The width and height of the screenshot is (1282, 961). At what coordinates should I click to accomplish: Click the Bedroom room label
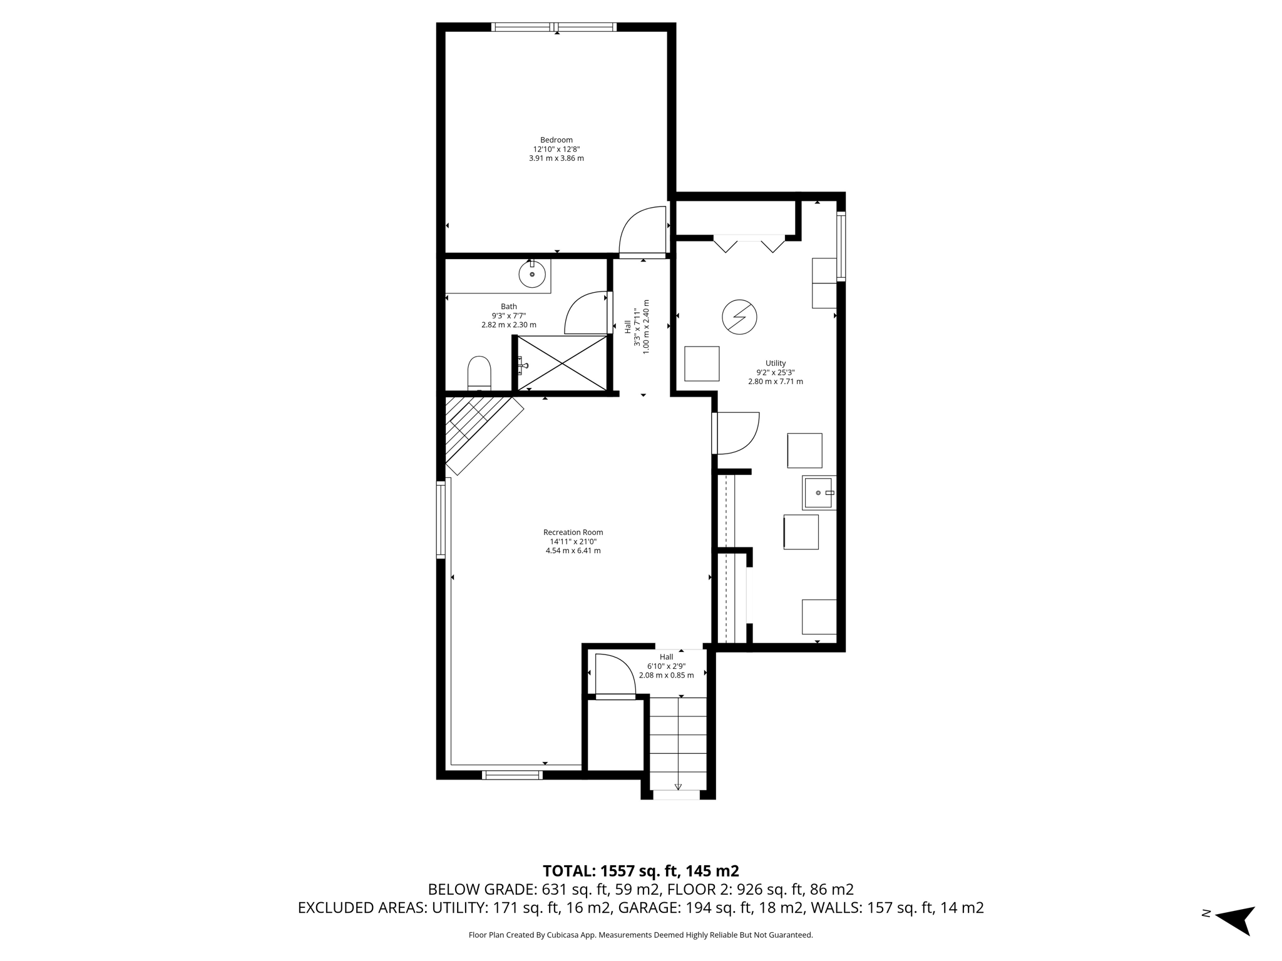click(556, 140)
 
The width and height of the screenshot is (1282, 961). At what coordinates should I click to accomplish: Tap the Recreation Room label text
click(573, 532)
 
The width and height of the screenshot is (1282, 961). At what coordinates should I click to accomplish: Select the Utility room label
click(775, 363)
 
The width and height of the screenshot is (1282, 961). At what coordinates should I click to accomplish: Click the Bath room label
click(508, 307)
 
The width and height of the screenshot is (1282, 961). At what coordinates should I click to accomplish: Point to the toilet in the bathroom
click(479, 374)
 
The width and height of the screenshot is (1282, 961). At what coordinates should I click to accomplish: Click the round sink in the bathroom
click(532, 274)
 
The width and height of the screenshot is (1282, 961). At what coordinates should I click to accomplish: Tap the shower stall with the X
click(562, 364)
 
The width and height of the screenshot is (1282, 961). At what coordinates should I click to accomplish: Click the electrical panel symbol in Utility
click(739, 317)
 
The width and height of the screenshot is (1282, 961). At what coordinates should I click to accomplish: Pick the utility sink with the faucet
click(819, 492)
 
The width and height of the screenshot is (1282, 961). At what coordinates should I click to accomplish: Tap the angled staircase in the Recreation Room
click(482, 432)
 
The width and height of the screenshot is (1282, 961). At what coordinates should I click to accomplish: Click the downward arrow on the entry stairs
click(678, 786)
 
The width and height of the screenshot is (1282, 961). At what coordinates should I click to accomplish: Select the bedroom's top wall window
click(554, 27)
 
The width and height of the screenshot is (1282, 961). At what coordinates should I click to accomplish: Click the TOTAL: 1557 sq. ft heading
click(640, 870)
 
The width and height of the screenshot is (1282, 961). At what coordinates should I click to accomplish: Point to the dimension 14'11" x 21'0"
click(573, 542)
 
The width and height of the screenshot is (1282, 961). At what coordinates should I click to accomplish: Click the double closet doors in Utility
click(749, 244)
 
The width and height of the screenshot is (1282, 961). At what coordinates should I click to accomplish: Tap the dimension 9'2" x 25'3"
click(775, 372)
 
